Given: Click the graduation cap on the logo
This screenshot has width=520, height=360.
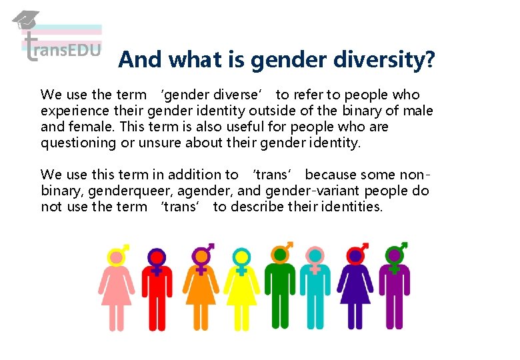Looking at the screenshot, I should coord(26,19).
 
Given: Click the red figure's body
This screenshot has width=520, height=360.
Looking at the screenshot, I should coord(157,293).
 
